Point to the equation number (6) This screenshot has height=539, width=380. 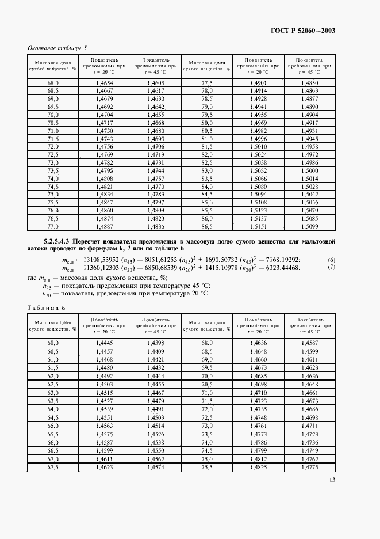[331, 260]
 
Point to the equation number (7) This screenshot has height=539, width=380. [331, 268]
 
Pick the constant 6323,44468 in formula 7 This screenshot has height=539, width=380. [295, 268]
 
